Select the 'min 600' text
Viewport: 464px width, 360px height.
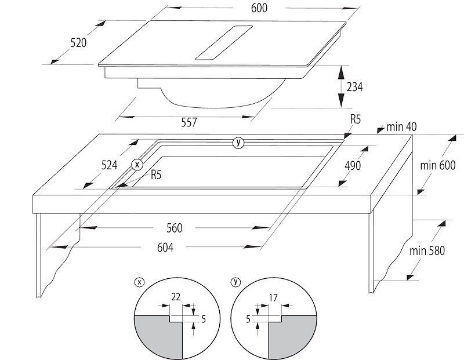438,165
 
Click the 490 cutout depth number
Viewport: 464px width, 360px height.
353,166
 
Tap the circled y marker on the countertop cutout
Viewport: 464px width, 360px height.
237,143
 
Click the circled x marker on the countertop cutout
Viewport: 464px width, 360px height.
137,164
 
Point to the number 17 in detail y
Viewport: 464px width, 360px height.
273,297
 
